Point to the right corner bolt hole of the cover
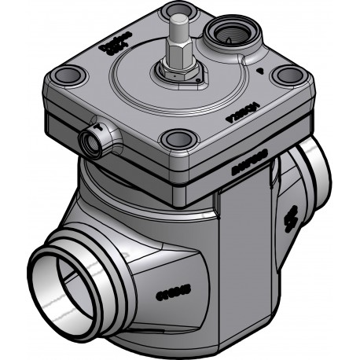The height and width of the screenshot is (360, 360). coord(288,75)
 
